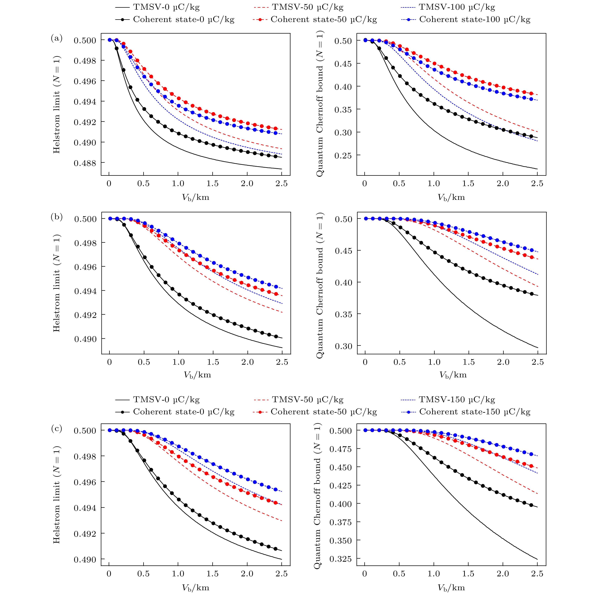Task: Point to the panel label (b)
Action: click(57, 217)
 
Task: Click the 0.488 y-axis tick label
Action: click(85, 163)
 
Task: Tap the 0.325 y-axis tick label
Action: click(341, 559)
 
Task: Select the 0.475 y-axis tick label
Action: click(341, 449)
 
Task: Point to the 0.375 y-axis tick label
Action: click(341, 522)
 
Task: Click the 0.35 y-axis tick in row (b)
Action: click(344, 314)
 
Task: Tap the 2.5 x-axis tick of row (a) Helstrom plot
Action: click(282, 184)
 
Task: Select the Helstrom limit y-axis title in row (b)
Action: click(57, 283)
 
